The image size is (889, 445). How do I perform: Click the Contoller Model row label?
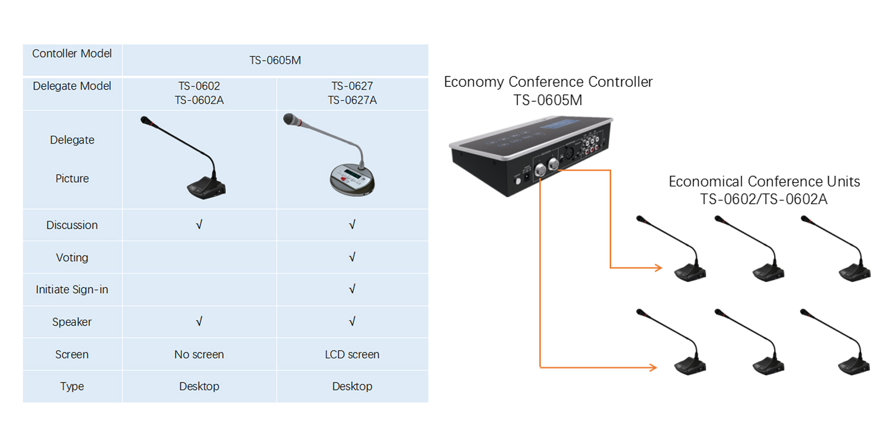72,53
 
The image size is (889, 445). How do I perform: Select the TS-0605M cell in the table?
275,61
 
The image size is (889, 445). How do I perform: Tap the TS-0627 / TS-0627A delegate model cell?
352,93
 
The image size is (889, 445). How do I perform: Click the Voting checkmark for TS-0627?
352,257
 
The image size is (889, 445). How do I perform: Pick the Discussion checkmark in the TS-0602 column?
199,225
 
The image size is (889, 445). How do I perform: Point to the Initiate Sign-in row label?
72,290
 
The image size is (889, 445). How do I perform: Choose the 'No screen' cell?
199,354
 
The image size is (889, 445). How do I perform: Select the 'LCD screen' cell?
352,354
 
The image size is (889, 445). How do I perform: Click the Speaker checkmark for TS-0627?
352,322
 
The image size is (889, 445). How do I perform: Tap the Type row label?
72,386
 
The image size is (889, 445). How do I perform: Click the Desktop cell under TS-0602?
199,386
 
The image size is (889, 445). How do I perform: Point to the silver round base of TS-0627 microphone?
353,180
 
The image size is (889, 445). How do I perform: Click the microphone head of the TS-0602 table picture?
146,120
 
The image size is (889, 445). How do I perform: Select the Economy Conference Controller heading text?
548,82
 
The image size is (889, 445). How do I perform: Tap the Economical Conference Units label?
764,182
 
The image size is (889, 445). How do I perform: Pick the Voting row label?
72,258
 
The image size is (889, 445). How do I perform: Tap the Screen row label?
72,354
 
